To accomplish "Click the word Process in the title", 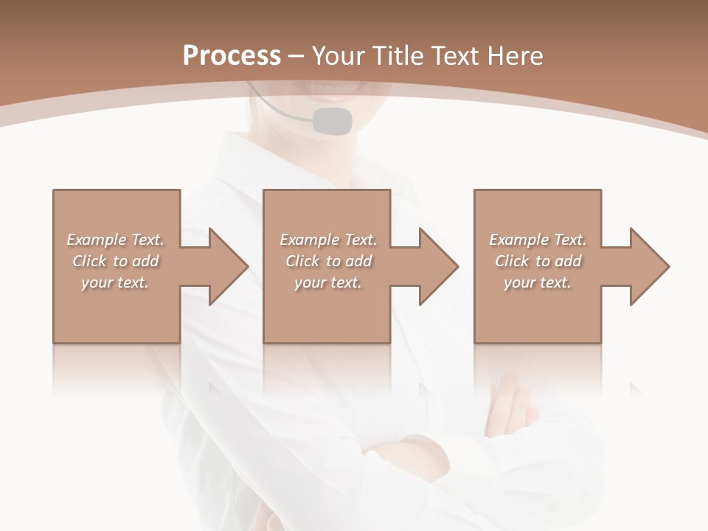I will click(232, 55).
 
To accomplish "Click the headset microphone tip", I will click(332, 120).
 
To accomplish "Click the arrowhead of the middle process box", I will click(438, 266).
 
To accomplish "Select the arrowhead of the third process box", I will click(649, 266).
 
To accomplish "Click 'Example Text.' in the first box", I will click(115, 240).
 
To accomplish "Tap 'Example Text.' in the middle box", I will click(328, 240).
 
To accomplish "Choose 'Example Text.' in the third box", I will click(538, 240).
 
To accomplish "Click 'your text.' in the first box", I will click(115, 282).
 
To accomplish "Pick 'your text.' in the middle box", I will click(328, 282).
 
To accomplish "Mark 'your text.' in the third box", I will click(538, 282).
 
